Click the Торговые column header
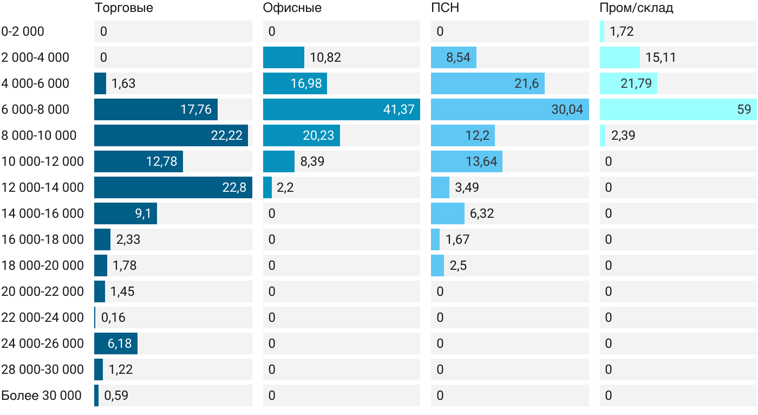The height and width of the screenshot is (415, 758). pos(124,8)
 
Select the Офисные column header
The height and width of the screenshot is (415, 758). pos(292,8)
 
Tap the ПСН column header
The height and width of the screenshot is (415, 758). pos(445,8)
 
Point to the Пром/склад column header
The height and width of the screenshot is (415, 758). pos(637,8)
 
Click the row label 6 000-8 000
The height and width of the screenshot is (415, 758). pos(35,109)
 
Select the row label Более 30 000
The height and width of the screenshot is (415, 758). pos(41,395)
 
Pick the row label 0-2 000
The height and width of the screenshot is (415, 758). pos(23,31)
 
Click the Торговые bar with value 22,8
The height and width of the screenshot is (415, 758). pos(173,187)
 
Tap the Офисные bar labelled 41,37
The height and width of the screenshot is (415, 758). pos(342,109)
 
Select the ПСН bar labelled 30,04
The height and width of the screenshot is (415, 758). pos(510,109)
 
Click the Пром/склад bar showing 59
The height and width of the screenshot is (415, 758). pos(678,109)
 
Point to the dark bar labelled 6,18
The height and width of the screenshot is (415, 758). pos(116,343)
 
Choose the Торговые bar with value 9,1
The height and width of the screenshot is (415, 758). pos(126,213)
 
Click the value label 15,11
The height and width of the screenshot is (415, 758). pos(661,57)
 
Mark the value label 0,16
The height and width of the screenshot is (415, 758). pos(113,317)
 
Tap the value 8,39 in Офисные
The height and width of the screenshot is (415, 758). pos(312,161)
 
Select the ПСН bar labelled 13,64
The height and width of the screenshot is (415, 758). pos(467,161)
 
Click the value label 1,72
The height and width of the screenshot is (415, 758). pos(622,31)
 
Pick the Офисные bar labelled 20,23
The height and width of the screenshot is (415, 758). pos(302,135)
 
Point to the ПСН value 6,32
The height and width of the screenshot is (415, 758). pos(482,213)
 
